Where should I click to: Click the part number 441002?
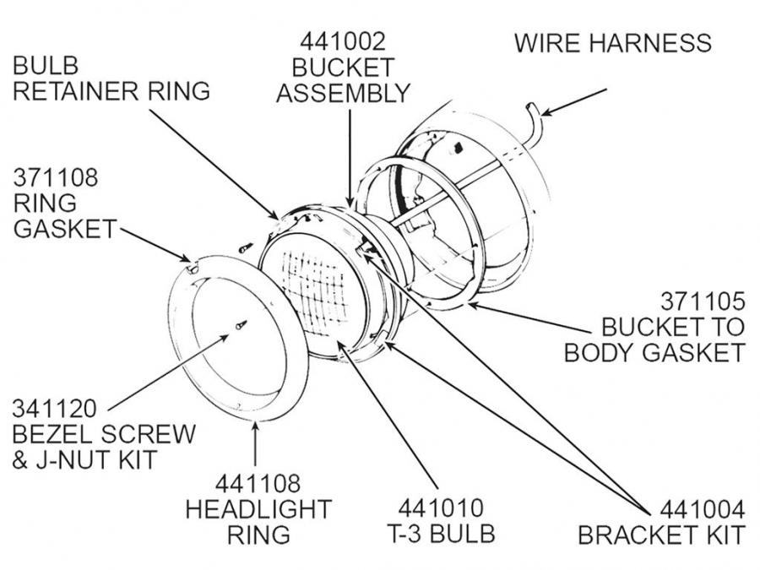point(342,41)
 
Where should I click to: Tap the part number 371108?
point(55,178)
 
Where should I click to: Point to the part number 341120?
point(54,409)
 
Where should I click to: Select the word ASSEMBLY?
point(343,92)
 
